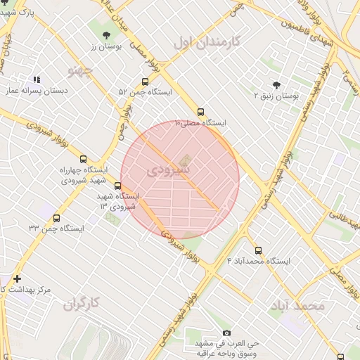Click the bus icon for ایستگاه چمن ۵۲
(x=145, y=82)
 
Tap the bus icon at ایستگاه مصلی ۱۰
(x=201, y=112)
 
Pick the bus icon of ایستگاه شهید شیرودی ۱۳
(x=117, y=186)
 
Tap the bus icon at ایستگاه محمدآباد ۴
(x=258, y=250)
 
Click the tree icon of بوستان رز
(x=106, y=34)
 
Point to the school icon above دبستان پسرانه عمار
(x=37, y=80)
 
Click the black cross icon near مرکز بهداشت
(x=18, y=279)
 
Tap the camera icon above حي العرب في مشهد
(x=226, y=333)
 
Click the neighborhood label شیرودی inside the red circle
(x=169, y=170)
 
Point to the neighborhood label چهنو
(x=80, y=71)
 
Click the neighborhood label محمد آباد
(x=298, y=306)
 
